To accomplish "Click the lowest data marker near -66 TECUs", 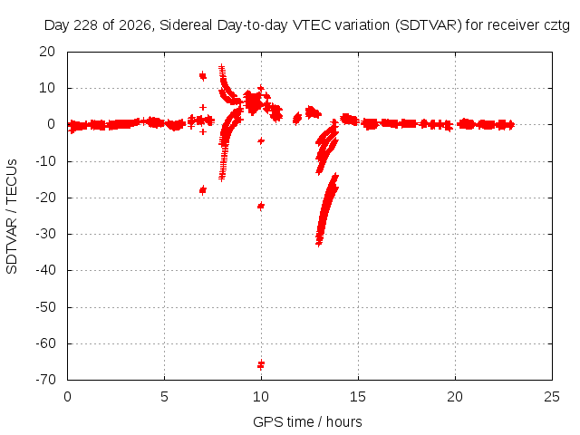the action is [261, 364].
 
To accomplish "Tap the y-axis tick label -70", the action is [45, 380].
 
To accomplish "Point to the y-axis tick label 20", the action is [47, 52].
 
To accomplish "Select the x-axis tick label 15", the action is [358, 397].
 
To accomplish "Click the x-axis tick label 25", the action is [552, 397].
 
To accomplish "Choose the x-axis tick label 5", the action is [164, 397].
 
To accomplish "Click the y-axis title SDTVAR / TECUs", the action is [12, 217].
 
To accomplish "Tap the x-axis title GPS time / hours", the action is [307, 421].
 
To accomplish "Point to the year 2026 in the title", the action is [134, 25].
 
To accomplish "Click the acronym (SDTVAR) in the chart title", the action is [429, 25].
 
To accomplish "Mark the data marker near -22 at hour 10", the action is [261, 206].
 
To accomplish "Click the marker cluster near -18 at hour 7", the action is [203, 190].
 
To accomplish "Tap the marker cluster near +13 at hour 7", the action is [203, 76].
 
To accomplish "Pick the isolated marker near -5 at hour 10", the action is [261, 141].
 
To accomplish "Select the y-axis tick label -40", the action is [45, 270].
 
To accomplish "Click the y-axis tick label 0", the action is [51, 124].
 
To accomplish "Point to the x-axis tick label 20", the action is [455, 397].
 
